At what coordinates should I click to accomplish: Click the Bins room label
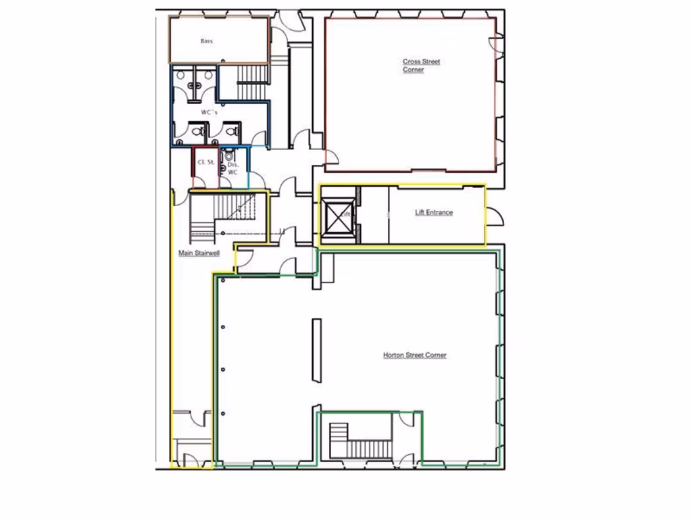tap(207, 41)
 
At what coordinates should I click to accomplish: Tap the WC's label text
tap(209, 112)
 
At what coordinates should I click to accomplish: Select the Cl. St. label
tap(205, 163)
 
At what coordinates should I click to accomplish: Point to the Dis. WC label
tap(232, 168)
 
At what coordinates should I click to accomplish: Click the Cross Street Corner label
tap(420, 66)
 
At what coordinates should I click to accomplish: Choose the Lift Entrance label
tap(433, 212)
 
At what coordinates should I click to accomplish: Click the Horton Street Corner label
tap(414, 355)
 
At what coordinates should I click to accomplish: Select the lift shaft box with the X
tap(337, 217)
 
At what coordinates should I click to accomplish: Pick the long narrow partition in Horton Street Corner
tap(316, 351)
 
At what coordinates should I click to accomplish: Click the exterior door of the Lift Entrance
tap(495, 216)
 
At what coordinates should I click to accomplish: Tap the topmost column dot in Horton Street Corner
tap(222, 327)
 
